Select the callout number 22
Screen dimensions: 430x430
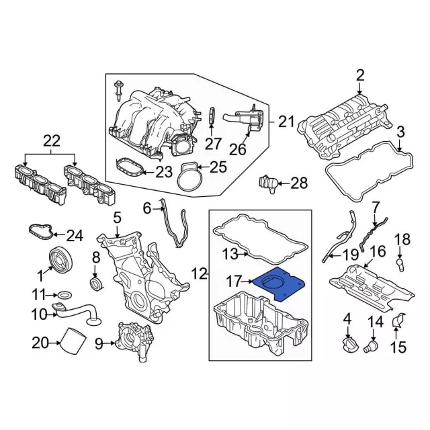(x=51, y=141)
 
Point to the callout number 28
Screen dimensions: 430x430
(x=299, y=183)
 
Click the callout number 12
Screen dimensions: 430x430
(x=200, y=273)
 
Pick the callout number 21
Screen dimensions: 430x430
(x=287, y=122)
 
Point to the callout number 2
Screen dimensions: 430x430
(x=360, y=75)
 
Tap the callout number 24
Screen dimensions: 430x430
(x=75, y=236)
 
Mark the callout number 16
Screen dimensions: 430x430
(x=378, y=252)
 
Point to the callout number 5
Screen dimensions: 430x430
(x=117, y=218)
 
